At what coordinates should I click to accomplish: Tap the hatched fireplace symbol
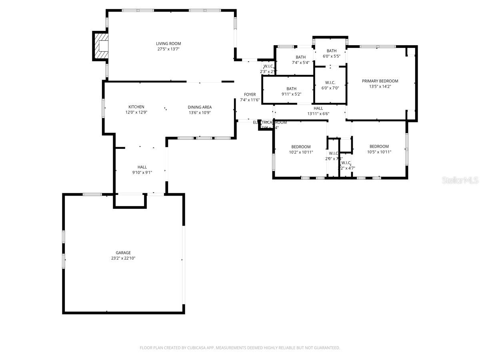click(x=101, y=46)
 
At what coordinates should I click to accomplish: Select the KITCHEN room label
click(x=136, y=107)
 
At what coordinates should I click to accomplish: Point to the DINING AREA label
click(x=200, y=107)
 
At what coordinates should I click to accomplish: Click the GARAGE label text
click(x=123, y=253)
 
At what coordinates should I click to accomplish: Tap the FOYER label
click(x=250, y=94)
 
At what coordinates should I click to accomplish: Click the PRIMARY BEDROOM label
click(x=380, y=81)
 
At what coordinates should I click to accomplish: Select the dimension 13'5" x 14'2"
click(x=380, y=86)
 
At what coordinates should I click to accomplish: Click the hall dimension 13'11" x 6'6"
click(x=318, y=114)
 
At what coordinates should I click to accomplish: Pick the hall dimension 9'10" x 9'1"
click(x=142, y=172)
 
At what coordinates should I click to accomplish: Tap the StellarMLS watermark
click(x=460, y=181)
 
